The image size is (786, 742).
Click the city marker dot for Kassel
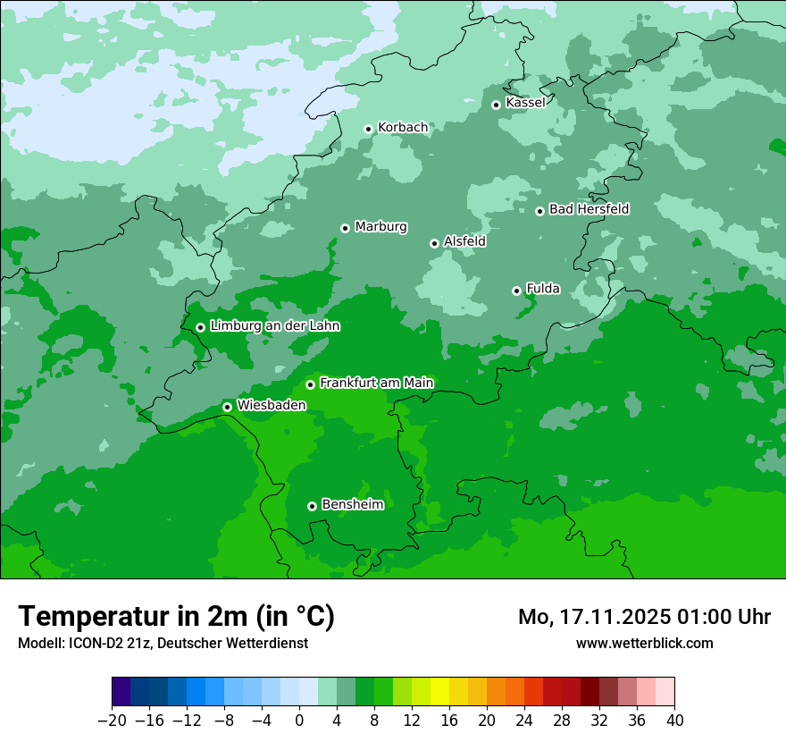click(x=497, y=105)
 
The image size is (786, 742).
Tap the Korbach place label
click(x=403, y=128)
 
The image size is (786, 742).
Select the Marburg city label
click(x=380, y=227)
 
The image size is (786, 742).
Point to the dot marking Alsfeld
click(x=434, y=243)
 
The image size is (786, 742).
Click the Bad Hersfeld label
click(x=589, y=209)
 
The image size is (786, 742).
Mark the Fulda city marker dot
click(x=516, y=291)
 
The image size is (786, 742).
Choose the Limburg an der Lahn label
click(x=274, y=326)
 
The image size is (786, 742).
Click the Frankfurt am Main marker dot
click(x=310, y=384)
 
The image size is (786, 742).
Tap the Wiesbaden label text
click(x=272, y=405)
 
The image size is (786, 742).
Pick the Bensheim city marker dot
click(x=312, y=506)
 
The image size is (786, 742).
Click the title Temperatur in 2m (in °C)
click(x=176, y=616)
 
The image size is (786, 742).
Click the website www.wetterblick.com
click(x=644, y=643)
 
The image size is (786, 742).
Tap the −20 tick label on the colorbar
click(x=112, y=721)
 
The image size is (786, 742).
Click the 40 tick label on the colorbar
click(x=674, y=721)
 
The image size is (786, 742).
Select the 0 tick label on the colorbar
click(x=299, y=721)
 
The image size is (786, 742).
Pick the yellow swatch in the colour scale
click(x=439, y=692)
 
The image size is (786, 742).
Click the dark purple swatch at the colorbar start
click(x=121, y=692)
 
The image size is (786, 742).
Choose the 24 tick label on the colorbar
click(x=524, y=721)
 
